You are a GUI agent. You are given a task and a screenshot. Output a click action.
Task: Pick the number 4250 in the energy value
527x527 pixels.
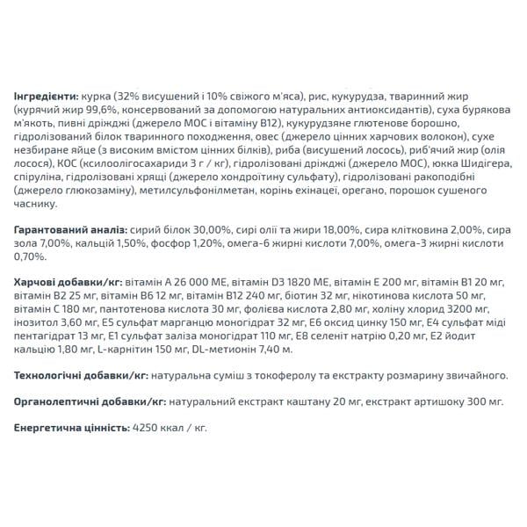(x=143, y=428)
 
